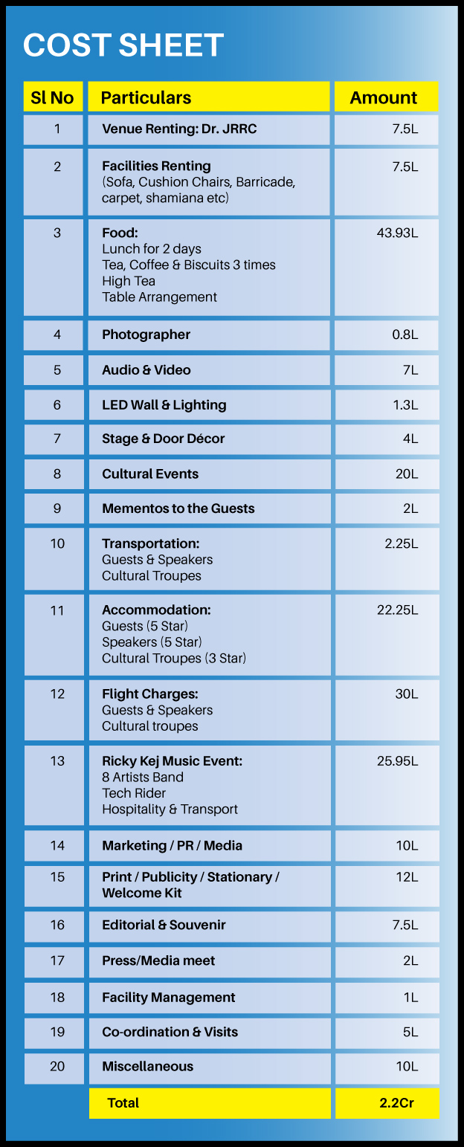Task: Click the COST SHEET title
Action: coord(123,45)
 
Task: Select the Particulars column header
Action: coord(146,97)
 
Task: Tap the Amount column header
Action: coord(384,97)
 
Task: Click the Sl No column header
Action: coord(52,97)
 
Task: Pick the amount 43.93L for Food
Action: coord(397,233)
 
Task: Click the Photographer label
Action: coord(146,335)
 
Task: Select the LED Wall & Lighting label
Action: coord(164,405)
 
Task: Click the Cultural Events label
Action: coord(150,474)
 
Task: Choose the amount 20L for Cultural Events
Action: coord(406,474)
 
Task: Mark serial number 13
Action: coord(57,760)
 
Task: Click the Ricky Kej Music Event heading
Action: coord(172,761)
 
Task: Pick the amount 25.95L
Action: coord(397,761)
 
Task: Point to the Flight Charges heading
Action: coord(149,694)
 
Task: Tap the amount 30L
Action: coord(406,694)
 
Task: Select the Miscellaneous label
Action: coord(147,1066)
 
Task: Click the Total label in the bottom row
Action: coord(123,1103)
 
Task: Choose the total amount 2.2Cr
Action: coord(396,1103)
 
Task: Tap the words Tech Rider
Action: coord(134,793)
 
